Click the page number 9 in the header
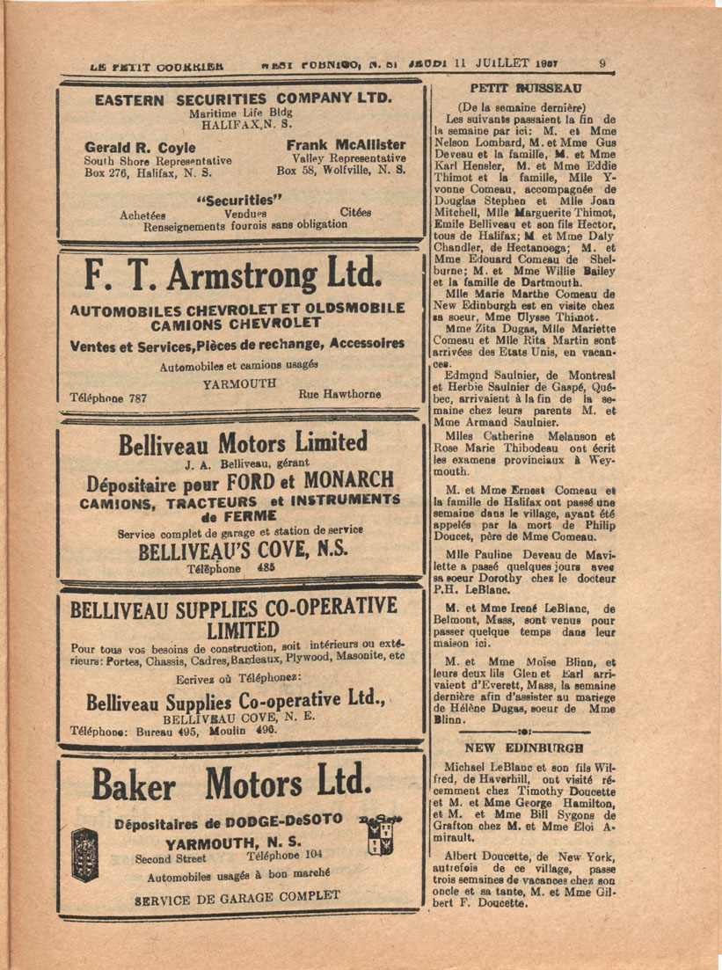tap(602, 62)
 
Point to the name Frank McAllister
tap(346, 144)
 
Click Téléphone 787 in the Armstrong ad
tap(107, 397)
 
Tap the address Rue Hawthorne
tap(340, 394)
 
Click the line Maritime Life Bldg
tap(240, 113)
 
